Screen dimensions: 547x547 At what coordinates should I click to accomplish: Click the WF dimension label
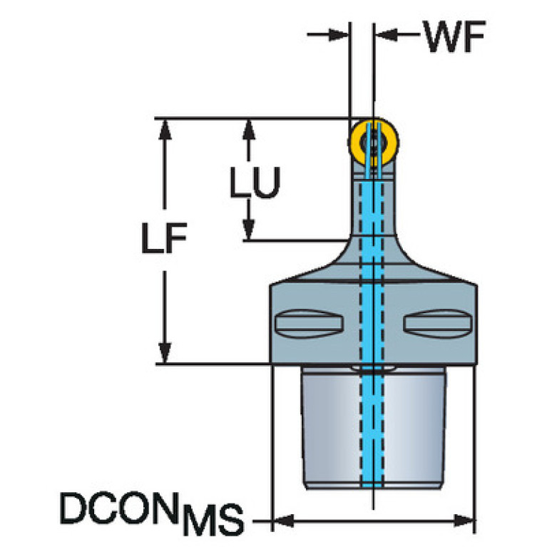pyautogui.click(x=454, y=36)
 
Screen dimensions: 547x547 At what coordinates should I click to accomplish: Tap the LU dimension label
pyautogui.click(x=255, y=183)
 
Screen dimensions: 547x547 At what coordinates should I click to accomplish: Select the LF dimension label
pyautogui.click(x=164, y=237)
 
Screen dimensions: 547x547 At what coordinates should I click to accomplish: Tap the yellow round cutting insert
pyautogui.click(x=373, y=143)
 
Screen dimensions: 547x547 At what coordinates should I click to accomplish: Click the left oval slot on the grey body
pyautogui.click(x=309, y=323)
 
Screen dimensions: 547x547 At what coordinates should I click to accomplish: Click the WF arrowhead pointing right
pyautogui.click(x=338, y=34)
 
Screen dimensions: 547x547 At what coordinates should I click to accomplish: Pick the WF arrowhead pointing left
pyautogui.click(x=387, y=34)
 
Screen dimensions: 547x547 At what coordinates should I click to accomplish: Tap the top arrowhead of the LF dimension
pyautogui.click(x=165, y=130)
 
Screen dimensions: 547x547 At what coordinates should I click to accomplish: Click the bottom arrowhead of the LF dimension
pyautogui.click(x=165, y=353)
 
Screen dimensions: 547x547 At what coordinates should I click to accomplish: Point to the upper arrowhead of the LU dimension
pyautogui.click(x=248, y=130)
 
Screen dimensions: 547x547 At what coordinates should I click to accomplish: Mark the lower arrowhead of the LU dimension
pyautogui.click(x=248, y=229)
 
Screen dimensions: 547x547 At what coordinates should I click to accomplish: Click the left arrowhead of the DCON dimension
pyautogui.click(x=283, y=521)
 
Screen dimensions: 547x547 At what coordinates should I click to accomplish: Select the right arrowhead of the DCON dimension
pyautogui.click(x=464, y=521)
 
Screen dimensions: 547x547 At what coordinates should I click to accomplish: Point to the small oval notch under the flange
pyautogui.click(x=373, y=368)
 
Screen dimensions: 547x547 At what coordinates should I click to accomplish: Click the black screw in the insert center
pyautogui.click(x=374, y=143)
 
